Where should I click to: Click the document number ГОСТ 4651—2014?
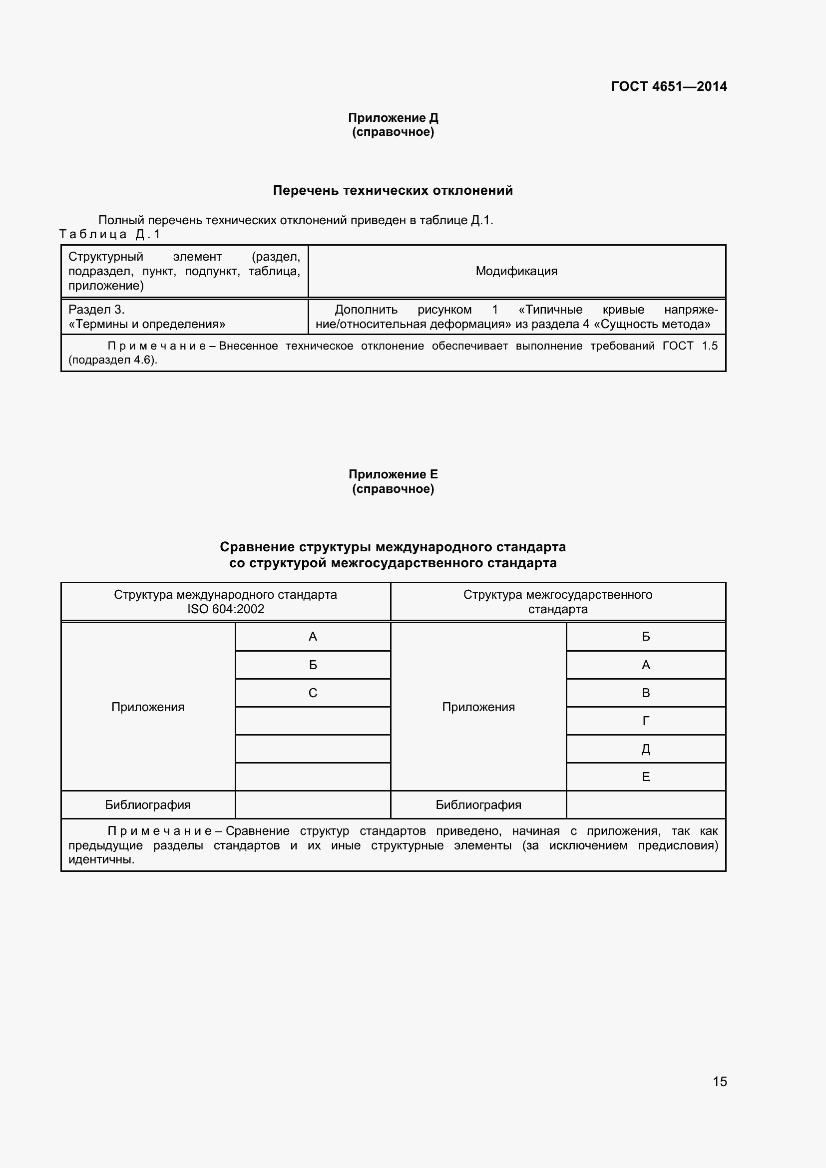(x=668, y=86)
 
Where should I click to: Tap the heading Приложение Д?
(x=393, y=117)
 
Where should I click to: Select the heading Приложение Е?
(x=393, y=474)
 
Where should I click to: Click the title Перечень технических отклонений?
(x=393, y=190)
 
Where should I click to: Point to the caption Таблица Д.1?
(x=110, y=234)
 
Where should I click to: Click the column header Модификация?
(x=516, y=271)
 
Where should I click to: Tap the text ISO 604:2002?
(x=225, y=609)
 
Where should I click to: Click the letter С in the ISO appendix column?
(x=312, y=693)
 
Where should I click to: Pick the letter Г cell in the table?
(x=645, y=721)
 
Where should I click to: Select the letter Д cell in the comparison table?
(x=645, y=749)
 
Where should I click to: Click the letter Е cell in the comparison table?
(x=645, y=777)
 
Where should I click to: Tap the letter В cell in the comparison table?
(x=645, y=693)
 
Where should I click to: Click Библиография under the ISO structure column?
(x=147, y=805)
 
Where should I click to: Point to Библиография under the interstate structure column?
(x=478, y=805)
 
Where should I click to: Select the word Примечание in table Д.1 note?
(x=157, y=346)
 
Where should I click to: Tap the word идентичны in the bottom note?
(x=101, y=860)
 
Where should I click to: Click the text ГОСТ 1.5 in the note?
(x=690, y=346)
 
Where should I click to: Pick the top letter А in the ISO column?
(x=312, y=636)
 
